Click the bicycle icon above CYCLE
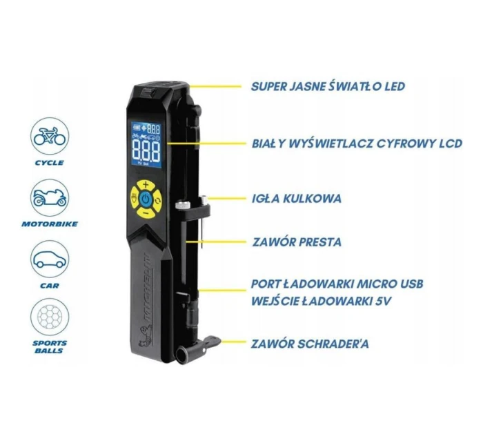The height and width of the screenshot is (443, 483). [50, 136]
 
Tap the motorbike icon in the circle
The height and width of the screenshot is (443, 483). [50, 197]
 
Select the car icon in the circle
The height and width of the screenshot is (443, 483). [50, 259]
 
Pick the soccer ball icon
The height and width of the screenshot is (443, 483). [50, 317]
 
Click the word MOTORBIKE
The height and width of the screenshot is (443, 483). [50, 224]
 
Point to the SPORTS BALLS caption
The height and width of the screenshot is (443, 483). [50, 347]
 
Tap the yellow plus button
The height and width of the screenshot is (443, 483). [146, 185]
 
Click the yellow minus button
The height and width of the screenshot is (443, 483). [146, 213]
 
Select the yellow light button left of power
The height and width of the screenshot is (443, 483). [135, 198]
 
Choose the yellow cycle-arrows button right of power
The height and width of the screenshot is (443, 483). [158, 201]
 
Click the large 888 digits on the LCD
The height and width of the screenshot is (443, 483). [146, 150]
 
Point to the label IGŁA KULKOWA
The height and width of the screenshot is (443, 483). [297, 199]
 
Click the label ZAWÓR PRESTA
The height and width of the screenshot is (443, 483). [297, 242]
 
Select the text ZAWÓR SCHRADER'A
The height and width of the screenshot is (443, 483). [310, 344]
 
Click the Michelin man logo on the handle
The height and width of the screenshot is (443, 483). [145, 337]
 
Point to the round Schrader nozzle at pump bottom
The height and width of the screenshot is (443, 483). [183, 355]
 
